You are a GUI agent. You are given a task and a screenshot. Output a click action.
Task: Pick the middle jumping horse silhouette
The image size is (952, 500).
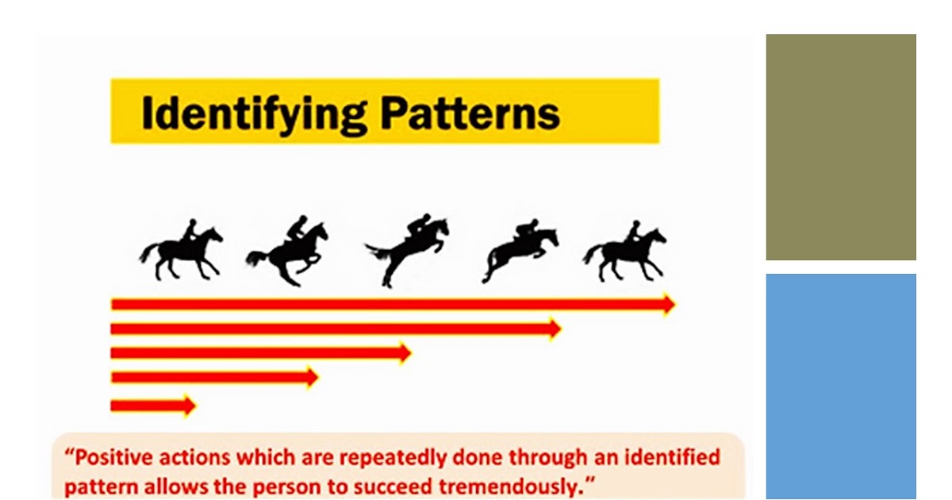coord(406,249)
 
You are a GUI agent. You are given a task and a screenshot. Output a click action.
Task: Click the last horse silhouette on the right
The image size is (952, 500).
coord(626,250)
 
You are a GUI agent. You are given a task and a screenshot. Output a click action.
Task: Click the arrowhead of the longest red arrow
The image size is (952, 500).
coord(668,304)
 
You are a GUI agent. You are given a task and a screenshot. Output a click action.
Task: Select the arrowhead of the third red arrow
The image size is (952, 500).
coord(405,352)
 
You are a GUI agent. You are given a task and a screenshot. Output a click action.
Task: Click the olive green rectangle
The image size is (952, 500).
coord(840,147)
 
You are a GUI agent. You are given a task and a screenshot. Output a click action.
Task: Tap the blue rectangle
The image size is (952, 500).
coord(840,386)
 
